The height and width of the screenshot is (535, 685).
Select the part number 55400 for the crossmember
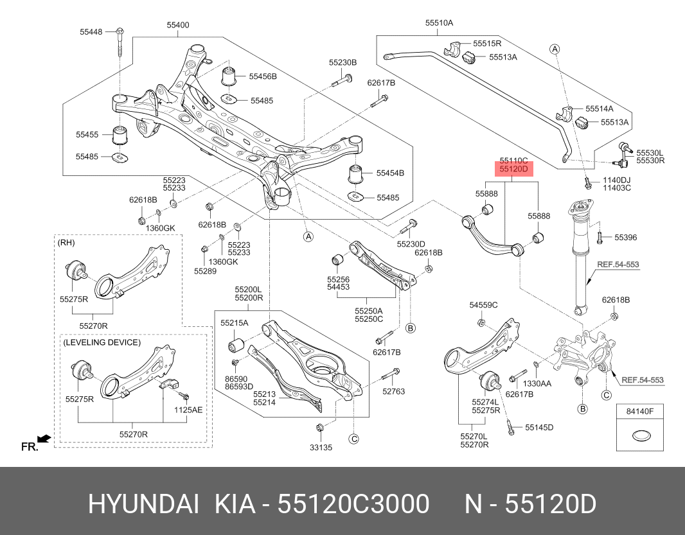tap(178, 25)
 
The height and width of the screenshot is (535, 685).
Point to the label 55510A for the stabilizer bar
tap(439, 22)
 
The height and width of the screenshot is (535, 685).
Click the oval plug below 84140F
tap(639, 437)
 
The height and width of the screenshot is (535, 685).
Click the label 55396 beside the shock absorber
tap(625, 238)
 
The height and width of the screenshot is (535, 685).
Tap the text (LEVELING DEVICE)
tap(102, 342)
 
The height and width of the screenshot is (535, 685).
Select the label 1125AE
tap(188, 408)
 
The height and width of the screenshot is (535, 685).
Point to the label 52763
tap(394, 391)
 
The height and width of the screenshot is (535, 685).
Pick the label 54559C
tap(483, 304)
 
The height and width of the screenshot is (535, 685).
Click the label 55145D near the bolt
tap(539, 427)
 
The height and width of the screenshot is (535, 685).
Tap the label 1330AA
tap(537, 383)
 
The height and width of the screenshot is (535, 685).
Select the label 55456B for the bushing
tap(263, 76)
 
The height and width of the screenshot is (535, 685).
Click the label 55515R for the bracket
tap(487, 44)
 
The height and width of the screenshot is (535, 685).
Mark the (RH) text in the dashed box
tap(66, 243)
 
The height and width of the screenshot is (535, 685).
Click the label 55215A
tap(234, 322)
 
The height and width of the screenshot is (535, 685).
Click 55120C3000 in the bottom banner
tap(353, 505)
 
